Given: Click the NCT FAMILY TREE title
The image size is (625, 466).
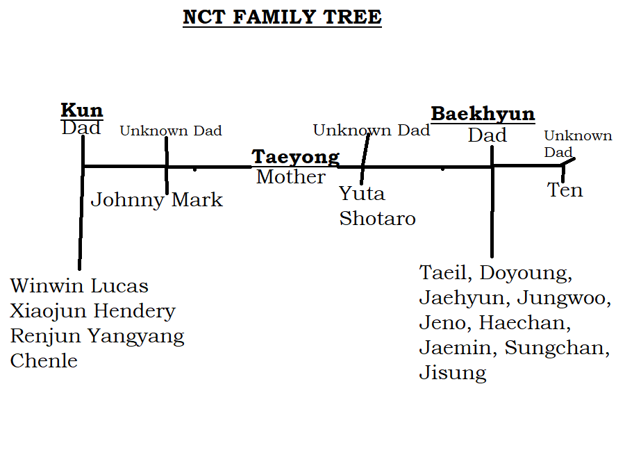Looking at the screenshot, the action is [282, 17].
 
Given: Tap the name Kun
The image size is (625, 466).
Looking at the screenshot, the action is [82, 110].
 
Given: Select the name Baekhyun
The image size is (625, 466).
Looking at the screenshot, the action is [483, 114].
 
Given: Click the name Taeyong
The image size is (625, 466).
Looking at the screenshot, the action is [295, 158].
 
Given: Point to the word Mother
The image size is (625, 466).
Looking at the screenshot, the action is [290, 176].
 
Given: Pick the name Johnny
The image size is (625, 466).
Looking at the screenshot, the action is [127, 200].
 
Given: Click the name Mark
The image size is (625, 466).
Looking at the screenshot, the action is [197, 199].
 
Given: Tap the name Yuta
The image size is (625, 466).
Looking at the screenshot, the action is [362, 194].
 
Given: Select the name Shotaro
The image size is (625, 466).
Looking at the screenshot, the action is [378, 219].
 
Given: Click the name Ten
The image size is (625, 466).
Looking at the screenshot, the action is [565, 190].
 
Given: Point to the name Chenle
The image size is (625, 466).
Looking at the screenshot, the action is [44, 360].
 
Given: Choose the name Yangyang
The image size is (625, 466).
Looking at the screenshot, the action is [136, 337].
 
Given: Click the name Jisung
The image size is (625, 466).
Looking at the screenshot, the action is [453, 373].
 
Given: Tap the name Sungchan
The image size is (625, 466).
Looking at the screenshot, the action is [557, 348].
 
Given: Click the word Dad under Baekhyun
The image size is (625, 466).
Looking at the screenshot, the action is [487, 135].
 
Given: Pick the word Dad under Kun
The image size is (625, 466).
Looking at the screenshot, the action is [81, 128].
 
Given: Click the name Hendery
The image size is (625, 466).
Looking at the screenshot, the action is [134, 311].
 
